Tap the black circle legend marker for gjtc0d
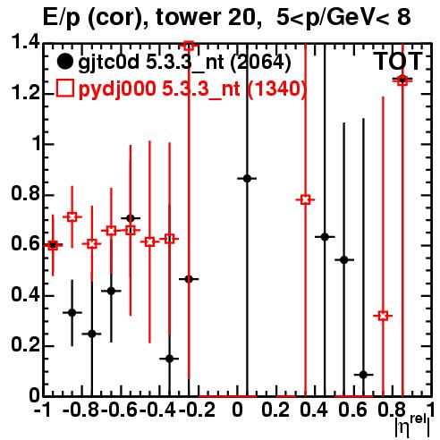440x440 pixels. pyautogui.click(x=64, y=62)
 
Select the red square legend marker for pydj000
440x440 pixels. pyautogui.click(x=64, y=89)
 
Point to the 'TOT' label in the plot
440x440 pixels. pyautogui.click(x=398, y=62)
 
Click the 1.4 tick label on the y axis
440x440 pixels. pyautogui.click(x=25, y=42)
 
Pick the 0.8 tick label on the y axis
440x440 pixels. pyautogui.click(x=25, y=194)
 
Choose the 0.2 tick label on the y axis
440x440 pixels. pyautogui.click(x=25, y=346)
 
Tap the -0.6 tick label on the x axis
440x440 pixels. pyautogui.click(x=121, y=410)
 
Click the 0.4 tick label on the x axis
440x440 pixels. pyautogui.click(x=314, y=410)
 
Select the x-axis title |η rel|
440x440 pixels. pyautogui.click(x=412, y=427)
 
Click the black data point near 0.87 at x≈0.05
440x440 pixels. pyautogui.click(x=247, y=179)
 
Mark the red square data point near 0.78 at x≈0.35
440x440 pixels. pyautogui.click(x=305, y=199)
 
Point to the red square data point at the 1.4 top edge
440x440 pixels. pyautogui.click(x=189, y=46)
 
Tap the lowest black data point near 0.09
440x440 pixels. pyautogui.click(x=363, y=375)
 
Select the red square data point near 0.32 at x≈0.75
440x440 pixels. pyautogui.click(x=383, y=316)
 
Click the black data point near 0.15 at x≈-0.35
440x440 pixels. pyautogui.click(x=170, y=359)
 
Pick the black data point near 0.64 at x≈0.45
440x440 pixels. pyautogui.click(x=325, y=237)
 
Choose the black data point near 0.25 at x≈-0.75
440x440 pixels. pyautogui.click(x=92, y=334)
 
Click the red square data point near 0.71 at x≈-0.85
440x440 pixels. pyautogui.click(x=72, y=217)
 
